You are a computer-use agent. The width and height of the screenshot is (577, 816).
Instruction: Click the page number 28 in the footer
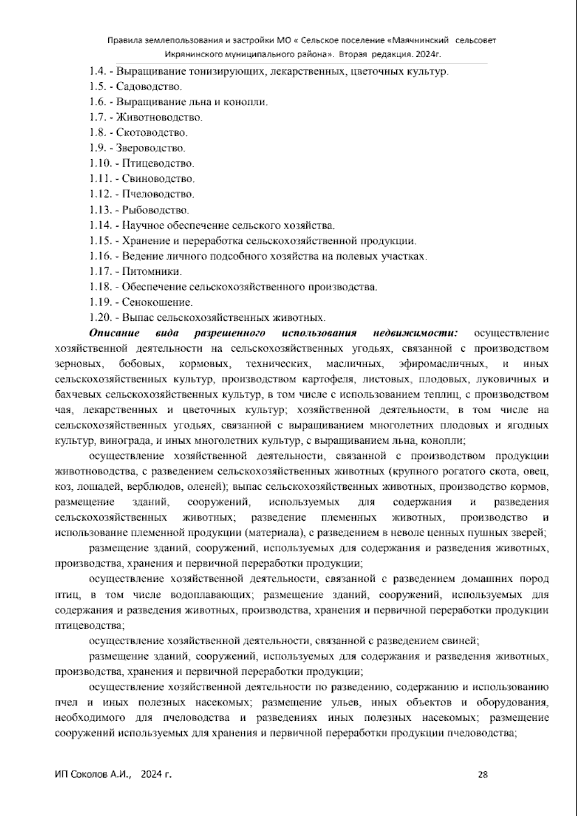point(483,774)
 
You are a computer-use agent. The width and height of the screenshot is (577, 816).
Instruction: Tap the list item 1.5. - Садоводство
point(136,87)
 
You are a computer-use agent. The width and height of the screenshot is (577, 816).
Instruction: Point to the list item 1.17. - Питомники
point(136,271)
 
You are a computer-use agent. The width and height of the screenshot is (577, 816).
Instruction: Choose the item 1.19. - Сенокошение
point(141,302)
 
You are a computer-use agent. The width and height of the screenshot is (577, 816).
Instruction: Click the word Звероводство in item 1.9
point(151,148)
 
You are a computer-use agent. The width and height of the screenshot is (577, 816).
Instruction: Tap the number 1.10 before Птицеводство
point(100,164)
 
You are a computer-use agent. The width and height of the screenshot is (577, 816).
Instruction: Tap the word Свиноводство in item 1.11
point(158,179)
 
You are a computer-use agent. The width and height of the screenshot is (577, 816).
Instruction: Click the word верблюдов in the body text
point(149,486)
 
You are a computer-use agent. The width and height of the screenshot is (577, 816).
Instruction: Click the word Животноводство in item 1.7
point(159,117)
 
